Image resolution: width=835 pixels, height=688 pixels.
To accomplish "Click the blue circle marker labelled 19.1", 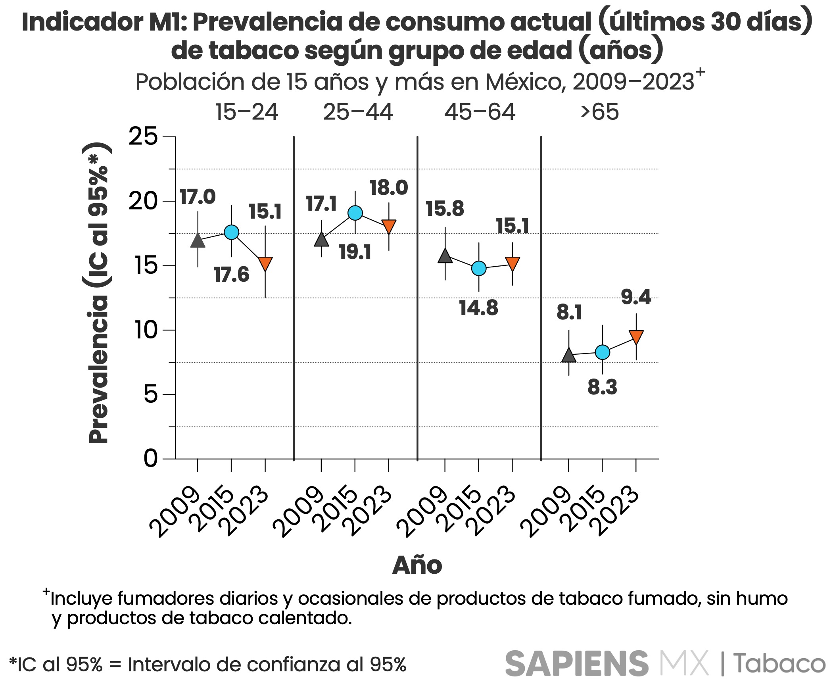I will (355, 213).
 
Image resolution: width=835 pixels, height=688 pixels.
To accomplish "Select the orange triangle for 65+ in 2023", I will (636, 336).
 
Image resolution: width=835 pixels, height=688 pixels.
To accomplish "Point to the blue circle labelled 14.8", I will (479, 269).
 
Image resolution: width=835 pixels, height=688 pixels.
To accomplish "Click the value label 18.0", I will (388, 188).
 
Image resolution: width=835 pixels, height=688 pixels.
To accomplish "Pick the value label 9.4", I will (636, 297).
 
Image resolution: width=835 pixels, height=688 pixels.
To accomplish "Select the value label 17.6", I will (231, 275).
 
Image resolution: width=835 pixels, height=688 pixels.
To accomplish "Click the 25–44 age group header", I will (358, 112).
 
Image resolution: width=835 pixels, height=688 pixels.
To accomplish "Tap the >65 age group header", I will (599, 112).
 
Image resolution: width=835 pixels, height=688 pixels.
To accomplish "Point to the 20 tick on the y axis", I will (143, 201).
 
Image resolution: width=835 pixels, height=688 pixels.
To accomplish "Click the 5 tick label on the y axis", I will (151, 394).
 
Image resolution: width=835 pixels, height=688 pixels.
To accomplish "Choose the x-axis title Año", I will (417, 565).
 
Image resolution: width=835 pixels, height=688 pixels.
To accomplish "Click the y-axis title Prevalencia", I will (98, 369).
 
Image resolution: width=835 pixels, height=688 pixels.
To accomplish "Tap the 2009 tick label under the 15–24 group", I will (175, 512).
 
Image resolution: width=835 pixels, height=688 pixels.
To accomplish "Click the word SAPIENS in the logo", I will (576, 664).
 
